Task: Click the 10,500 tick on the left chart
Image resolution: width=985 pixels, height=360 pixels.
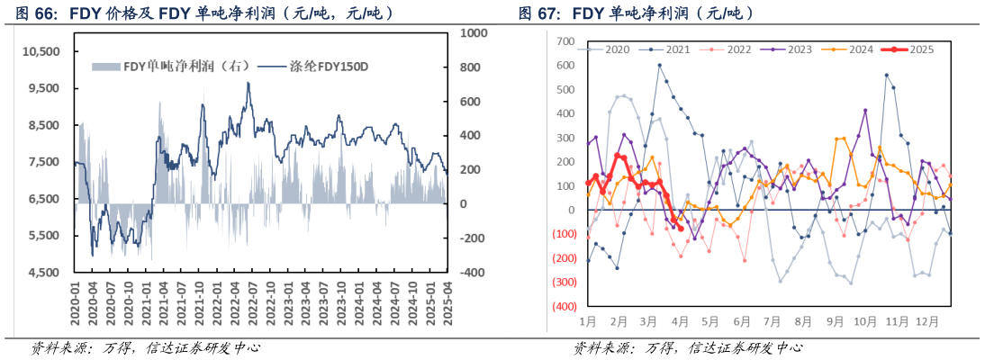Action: [41, 52]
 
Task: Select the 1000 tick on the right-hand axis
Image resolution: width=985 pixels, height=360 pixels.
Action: [474, 32]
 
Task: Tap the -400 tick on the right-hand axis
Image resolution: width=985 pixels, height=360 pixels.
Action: [474, 273]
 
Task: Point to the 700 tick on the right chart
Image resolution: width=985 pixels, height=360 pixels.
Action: [565, 41]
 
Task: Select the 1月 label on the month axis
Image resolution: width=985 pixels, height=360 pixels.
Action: [588, 321]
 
